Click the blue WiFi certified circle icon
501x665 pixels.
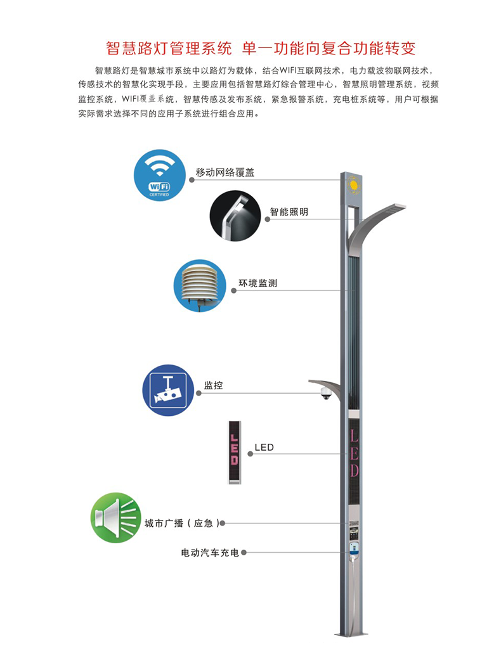coord(160,175)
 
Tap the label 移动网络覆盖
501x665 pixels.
coord(225,172)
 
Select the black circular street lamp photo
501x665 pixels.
coord(235,216)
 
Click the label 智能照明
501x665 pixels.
coord(289,212)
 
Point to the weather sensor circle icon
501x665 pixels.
coord(200,286)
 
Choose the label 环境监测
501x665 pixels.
coord(258,283)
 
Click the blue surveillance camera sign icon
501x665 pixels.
coord(169,390)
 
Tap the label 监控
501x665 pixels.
coord(213,385)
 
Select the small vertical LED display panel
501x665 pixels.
coord(234,453)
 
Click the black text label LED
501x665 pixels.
coord(264,448)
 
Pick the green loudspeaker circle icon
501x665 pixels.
coord(116,518)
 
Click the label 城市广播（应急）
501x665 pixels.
coord(182,524)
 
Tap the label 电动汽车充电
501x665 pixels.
coord(210,553)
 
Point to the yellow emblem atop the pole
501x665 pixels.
coord(353,185)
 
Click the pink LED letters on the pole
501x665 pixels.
coord(355,453)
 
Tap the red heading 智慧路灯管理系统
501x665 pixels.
coord(169,48)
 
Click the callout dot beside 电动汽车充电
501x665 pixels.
coord(244,553)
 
